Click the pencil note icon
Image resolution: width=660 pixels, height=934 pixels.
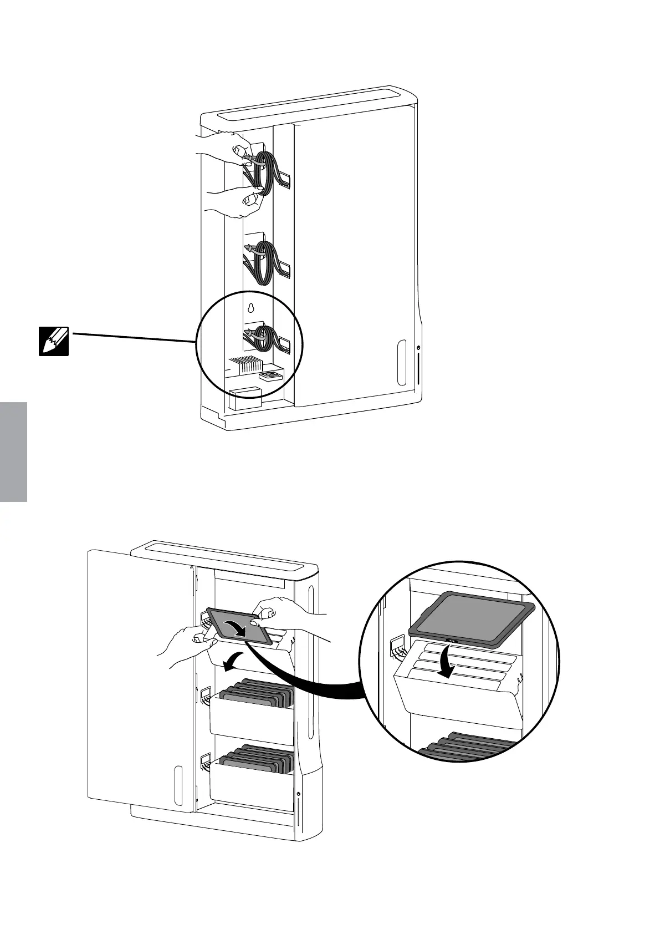54,341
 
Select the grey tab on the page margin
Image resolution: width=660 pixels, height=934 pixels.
13,453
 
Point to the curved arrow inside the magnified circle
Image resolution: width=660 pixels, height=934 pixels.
448,663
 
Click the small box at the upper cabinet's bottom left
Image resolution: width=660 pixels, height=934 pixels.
244,398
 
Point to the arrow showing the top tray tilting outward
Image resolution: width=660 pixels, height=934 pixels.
233,661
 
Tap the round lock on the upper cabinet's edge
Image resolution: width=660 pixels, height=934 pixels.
418,348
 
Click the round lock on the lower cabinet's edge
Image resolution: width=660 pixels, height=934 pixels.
299,795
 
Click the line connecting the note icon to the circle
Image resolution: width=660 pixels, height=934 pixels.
133,337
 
